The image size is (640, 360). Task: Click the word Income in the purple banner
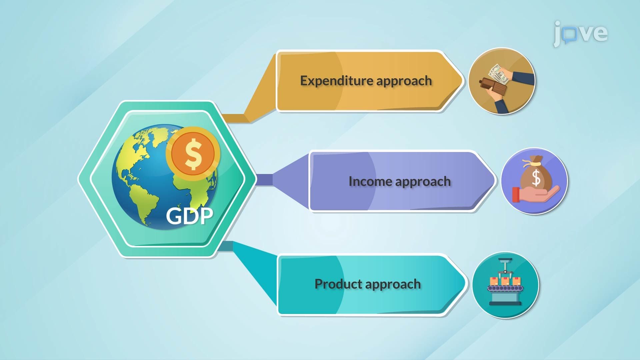pyautogui.click(x=370, y=181)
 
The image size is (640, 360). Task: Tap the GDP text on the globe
pyautogui.click(x=189, y=216)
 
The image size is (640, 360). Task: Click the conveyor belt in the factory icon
pyautogui.click(x=505, y=288)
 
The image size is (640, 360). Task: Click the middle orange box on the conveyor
pyautogui.click(x=505, y=281)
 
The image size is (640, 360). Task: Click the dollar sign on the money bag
pyautogui.click(x=536, y=177)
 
